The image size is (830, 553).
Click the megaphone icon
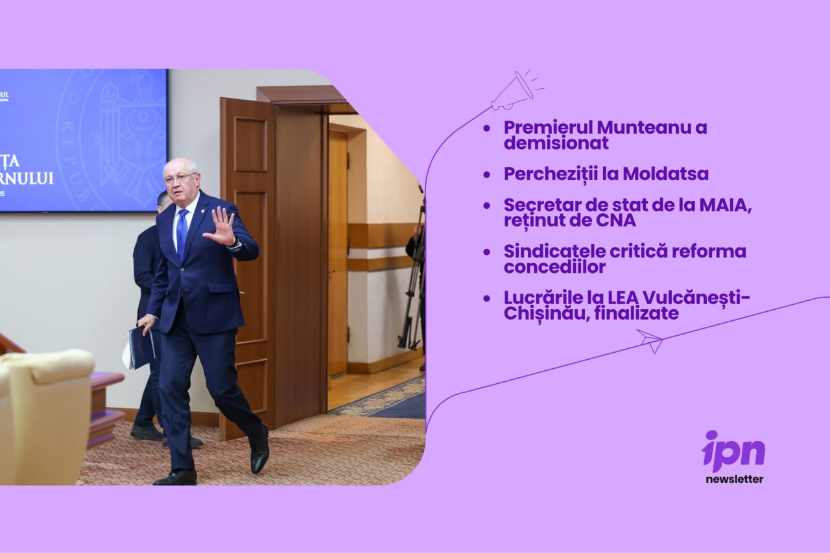click(516, 91)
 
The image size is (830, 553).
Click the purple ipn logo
click(733, 451)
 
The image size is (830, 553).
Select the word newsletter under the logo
click(735, 479)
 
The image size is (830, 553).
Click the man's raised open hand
click(220, 226)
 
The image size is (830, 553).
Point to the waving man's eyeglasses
click(180, 178)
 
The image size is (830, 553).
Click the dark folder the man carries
click(141, 347)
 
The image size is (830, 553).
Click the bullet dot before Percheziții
click(487, 175)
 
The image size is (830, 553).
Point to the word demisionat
click(556, 143)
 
